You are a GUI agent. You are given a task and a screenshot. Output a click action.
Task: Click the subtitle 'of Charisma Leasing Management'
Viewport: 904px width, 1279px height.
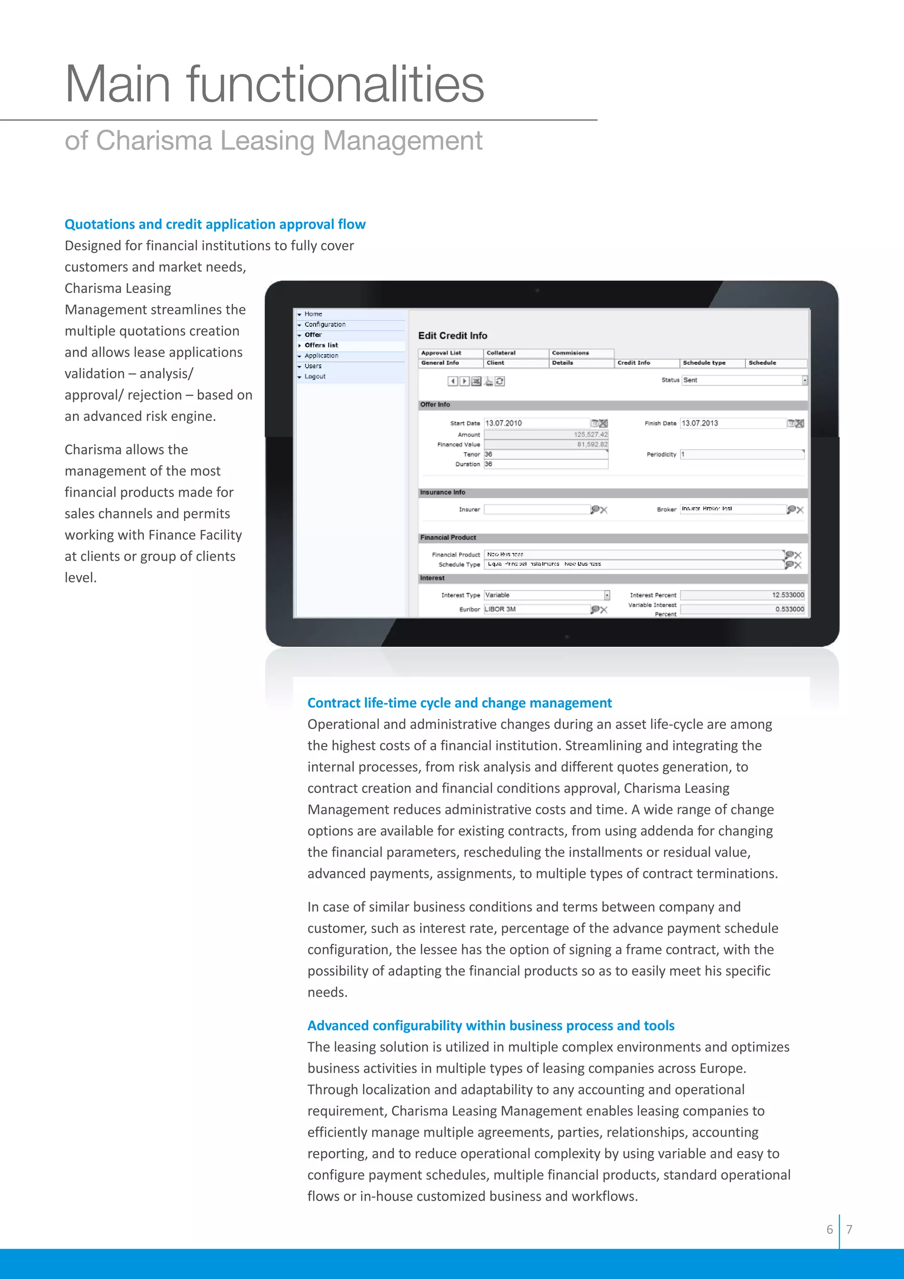tap(273, 140)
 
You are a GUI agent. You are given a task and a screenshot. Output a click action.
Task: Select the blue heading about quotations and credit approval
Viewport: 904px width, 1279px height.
tap(215, 224)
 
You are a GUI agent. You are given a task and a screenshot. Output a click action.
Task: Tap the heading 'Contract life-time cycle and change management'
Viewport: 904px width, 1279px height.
tap(459, 703)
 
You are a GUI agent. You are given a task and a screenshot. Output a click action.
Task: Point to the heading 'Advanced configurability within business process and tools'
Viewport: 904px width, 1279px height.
tap(490, 1025)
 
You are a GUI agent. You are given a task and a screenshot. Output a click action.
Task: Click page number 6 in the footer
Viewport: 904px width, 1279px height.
tap(829, 1230)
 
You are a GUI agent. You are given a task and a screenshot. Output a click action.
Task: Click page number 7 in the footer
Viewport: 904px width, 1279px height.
tap(849, 1230)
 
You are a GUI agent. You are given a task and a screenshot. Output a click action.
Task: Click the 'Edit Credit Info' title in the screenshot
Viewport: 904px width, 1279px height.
tap(452, 335)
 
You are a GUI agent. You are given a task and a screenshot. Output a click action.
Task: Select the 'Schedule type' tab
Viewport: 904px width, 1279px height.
tap(704, 363)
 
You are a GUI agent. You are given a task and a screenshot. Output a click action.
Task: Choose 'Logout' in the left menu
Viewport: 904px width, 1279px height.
tap(315, 377)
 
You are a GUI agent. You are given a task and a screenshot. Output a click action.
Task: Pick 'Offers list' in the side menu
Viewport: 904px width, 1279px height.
tap(321, 345)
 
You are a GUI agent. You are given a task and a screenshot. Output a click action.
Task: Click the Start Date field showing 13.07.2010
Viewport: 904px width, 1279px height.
tap(536, 424)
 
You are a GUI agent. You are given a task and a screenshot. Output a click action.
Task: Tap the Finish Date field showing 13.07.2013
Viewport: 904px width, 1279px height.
tap(733, 424)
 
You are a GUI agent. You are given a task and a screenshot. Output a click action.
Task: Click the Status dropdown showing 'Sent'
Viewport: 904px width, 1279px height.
tap(744, 380)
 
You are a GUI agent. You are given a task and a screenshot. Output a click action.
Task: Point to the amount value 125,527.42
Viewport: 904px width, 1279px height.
tap(591, 435)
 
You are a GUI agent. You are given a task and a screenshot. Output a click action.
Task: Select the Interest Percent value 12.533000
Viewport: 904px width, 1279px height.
tap(787, 595)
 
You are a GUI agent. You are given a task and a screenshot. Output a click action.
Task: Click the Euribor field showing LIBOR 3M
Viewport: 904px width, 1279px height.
tap(536, 609)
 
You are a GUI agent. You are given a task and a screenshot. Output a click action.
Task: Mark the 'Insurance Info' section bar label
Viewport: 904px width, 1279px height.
tap(443, 492)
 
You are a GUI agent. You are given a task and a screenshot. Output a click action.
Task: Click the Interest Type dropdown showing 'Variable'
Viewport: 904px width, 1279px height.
tap(546, 595)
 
